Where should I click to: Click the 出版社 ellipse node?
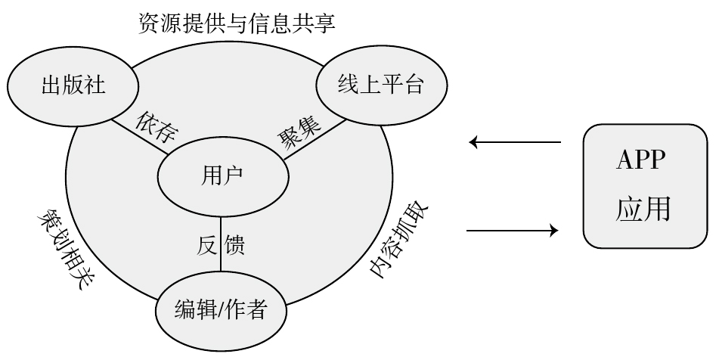73,85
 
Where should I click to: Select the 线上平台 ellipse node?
380,85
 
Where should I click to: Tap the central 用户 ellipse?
222,175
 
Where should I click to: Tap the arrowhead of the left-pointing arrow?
473,141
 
